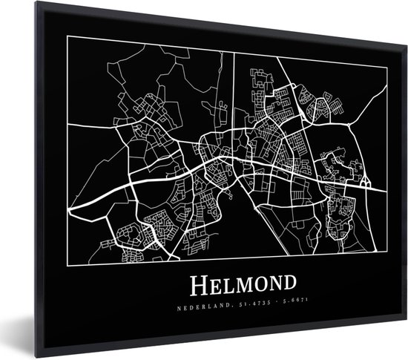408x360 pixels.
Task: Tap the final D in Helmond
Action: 287,284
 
